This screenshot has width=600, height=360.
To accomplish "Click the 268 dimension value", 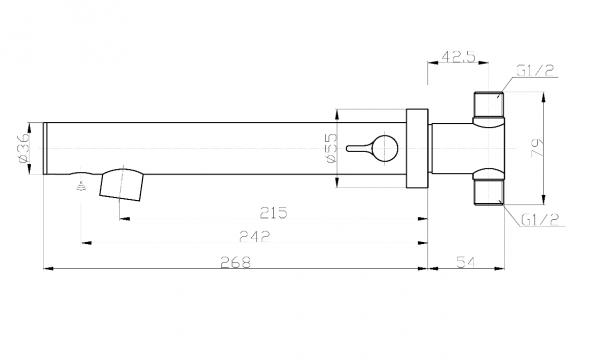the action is (x=236, y=262).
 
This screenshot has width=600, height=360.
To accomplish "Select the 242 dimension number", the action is (x=254, y=237).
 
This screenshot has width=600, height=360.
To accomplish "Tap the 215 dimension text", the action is (x=273, y=213).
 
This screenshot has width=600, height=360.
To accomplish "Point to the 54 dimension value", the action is (x=466, y=262).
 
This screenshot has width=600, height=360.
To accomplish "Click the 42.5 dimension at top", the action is (x=458, y=57).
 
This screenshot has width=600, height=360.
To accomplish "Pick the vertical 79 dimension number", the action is (x=537, y=148).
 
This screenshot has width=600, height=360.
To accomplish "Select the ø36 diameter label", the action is (x=24, y=148).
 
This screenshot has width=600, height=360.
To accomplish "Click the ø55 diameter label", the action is (x=332, y=148).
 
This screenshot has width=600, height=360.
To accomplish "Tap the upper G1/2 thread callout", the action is (x=536, y=71).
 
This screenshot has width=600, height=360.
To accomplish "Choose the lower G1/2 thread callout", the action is (x=540, y=220).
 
